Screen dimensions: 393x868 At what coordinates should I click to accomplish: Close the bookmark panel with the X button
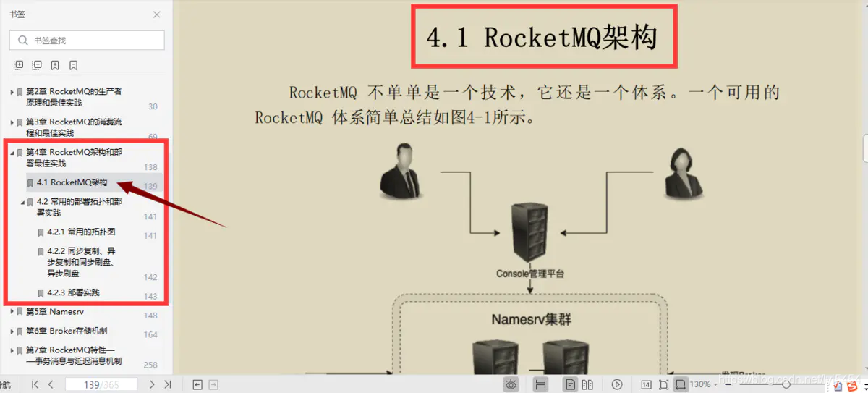pyautogui.click(x=157, y=14)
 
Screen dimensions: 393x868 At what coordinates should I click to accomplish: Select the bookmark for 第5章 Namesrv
pyautogui.click(x=55, y=312)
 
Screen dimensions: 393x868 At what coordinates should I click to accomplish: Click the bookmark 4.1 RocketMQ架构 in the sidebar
pyautogui.click(x=72, y=183)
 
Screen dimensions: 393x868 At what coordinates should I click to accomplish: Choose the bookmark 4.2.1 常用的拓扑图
pyautogui.click(x=81, y=232)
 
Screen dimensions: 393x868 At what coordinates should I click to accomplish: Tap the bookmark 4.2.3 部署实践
pyautogui.click(x=73, y=293)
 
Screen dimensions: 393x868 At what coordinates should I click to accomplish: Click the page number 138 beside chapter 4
pyautogui.click(x=150, y=167)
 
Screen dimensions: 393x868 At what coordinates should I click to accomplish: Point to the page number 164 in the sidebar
pyautogui.click(x=150, y=334)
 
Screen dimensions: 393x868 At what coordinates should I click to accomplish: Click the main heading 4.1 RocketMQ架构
pyautogui.click(x=542, y=38)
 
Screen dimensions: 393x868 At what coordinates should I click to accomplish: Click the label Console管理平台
pyautogui.click(x=529, y=274)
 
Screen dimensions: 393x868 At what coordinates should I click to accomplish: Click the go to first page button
pyautogui.click(x=35, y=385)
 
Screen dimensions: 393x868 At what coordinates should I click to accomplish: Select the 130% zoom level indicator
pyautogui.click(x=700, y=385)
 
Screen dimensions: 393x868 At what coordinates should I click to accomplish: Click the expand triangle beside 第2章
pyautogui.click(x=12, y=92)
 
